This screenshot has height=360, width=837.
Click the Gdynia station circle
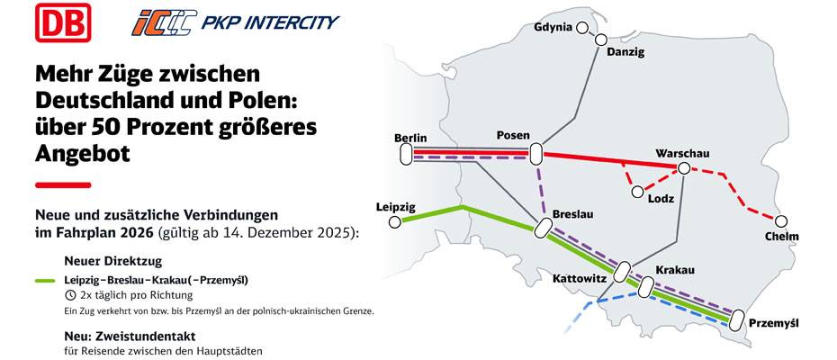click(x=582, y=28)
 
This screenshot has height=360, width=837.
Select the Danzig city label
click(x=625, y=52)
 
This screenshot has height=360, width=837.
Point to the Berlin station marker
click(x=404, y=155)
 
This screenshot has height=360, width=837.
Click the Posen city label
click(x=513, y=136)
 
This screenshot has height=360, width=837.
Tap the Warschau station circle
click(x=684, y=168)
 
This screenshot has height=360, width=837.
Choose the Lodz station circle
click(x=637, y=192)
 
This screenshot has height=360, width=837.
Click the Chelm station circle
click(x=781, y=220)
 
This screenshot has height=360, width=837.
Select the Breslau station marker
click(x=543, y=229)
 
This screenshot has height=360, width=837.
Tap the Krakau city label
click(x=676, y=270)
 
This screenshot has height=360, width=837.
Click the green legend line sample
click(x=46, y=281)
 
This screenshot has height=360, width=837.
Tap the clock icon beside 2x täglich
click(x=70, y=295)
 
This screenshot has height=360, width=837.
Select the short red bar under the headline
click(x=62, y=185)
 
